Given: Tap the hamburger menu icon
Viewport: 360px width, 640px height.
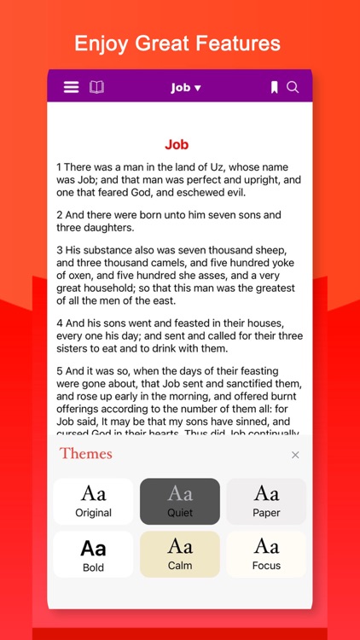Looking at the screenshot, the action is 72,87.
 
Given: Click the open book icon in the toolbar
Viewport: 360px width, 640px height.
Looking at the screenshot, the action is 96,87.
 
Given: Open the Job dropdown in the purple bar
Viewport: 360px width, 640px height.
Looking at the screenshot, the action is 185,87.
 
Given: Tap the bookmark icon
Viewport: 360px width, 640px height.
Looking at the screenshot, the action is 274,87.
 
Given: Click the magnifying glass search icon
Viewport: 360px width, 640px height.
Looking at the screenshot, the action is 293,87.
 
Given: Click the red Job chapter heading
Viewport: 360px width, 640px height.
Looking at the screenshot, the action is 177,145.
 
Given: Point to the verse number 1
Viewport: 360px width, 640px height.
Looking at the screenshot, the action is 60,167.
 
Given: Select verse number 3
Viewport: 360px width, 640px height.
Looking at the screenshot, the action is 60,251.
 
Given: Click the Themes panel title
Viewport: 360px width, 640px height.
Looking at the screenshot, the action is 86,453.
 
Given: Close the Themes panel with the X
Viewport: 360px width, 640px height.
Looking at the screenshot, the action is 295,455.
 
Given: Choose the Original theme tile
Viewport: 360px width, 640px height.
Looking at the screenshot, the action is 94,501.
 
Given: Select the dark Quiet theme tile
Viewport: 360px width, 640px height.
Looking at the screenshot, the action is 180,501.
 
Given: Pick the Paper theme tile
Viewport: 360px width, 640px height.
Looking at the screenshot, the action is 266,501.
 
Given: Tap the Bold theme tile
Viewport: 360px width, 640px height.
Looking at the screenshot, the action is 94,554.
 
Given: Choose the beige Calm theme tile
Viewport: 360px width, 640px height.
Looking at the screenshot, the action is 180,554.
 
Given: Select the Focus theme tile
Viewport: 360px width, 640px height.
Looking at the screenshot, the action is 266,554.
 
